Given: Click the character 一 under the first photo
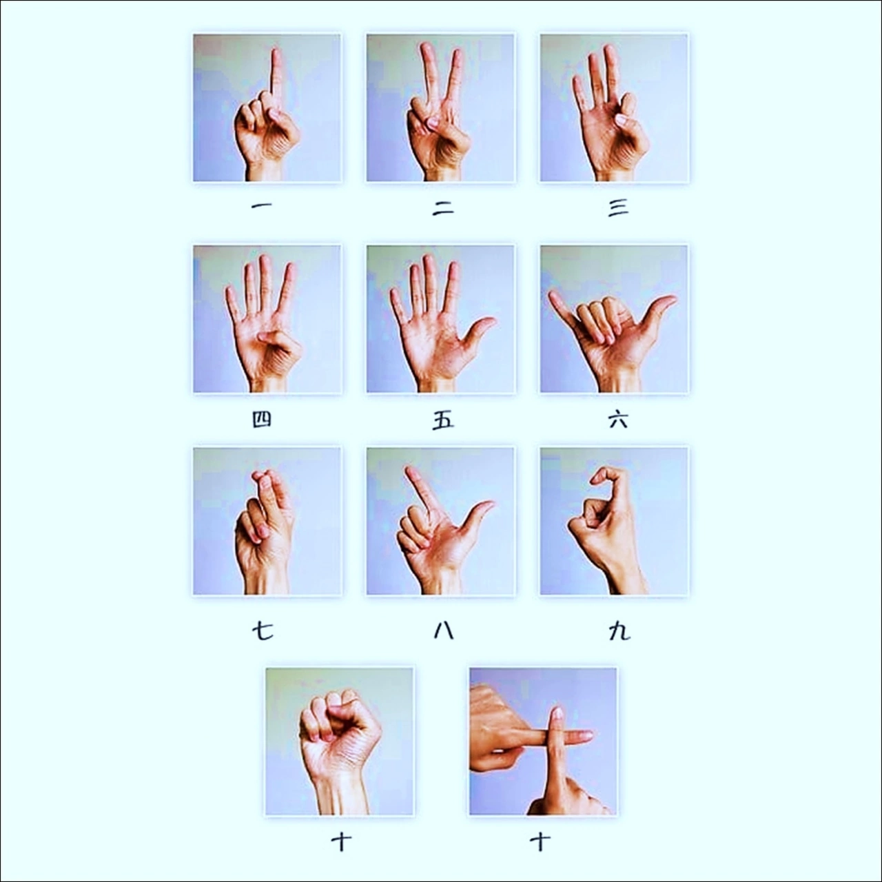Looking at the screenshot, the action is tap(262, 206).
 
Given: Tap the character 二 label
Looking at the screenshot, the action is tap(443, 208).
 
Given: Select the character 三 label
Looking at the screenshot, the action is tap(618, 208).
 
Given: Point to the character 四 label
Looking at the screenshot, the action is tap(262, 419).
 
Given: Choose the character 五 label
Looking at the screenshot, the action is tap(443, 420).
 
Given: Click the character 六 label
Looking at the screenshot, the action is tap(618, 420).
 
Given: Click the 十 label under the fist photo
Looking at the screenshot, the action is tap(342, 842).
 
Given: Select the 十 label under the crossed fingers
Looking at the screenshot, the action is tap(540, 842).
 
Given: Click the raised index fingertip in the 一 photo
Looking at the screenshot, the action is tap(276, 51).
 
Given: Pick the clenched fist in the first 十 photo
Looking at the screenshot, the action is tap(340, 726).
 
